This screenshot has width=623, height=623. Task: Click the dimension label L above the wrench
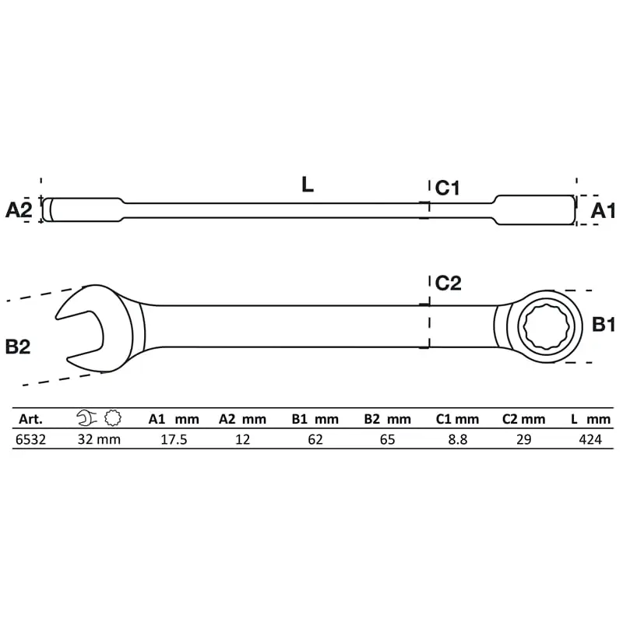pyautogui.click(x=308, y=185)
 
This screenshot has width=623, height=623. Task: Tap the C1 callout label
pyautogui.click(x=447, y=188)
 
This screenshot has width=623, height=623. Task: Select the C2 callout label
pyautogui.click(x=449, y=283)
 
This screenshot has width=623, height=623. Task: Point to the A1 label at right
pyautogui.click(x=603, y=210)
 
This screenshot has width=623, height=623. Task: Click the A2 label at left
pyautogui.click(x=19, y=209)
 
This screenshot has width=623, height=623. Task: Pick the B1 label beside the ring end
pyautogui.click(x=604, y=324)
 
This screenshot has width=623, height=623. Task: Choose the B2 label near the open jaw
pyautogui.click(x=18, y=347)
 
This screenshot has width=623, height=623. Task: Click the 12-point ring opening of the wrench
pyautogui.click(x=548, y=326)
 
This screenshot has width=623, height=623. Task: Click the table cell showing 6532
pyautogui.click(x=30, y=439)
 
